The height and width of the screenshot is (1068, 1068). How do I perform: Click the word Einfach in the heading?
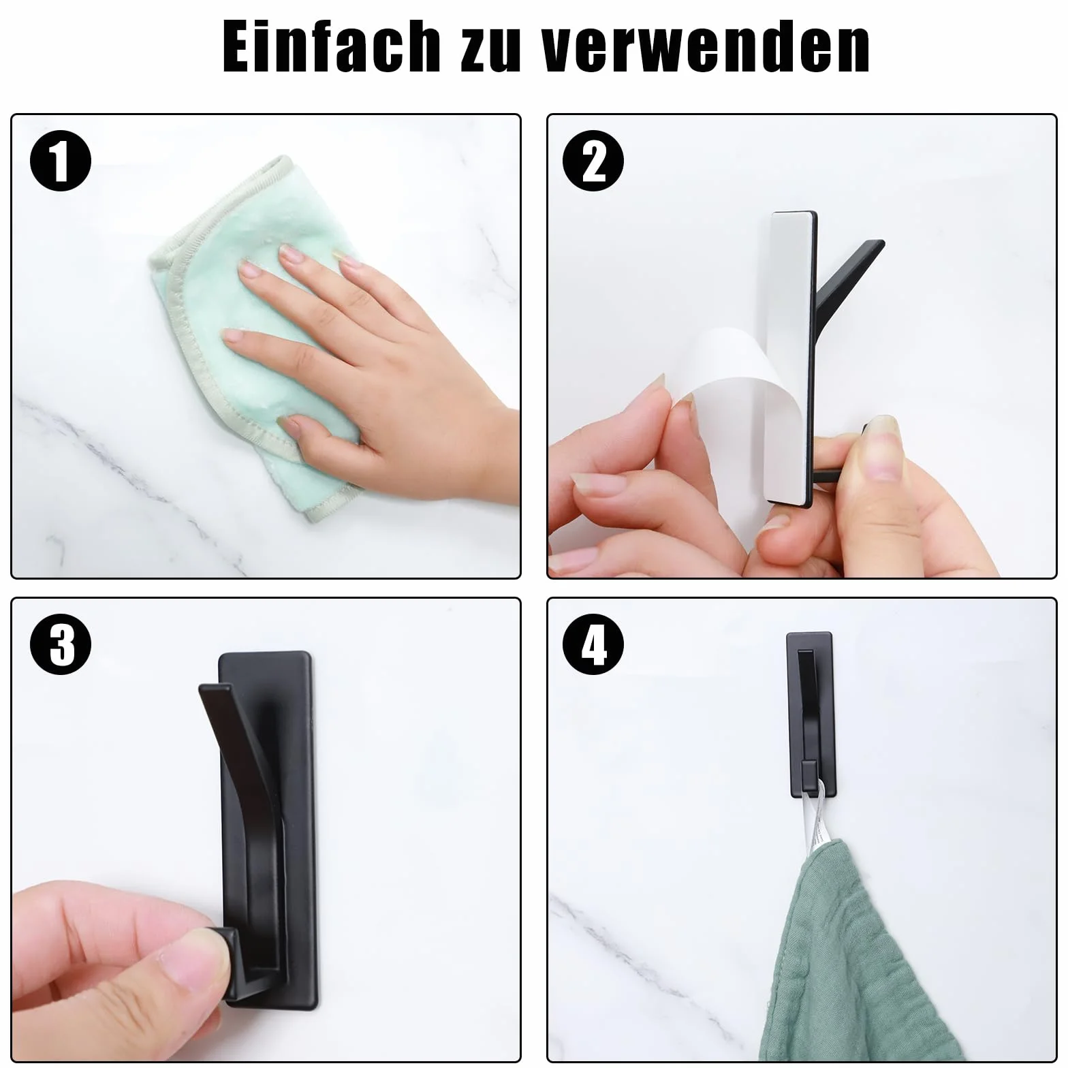[331, 46]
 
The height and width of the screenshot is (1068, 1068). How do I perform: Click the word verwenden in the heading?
[706, 46]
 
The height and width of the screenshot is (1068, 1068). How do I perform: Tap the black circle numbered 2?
[593, 161]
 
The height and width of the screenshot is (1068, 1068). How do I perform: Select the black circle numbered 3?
[61, 644]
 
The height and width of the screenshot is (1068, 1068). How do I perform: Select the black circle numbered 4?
[593, 644]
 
